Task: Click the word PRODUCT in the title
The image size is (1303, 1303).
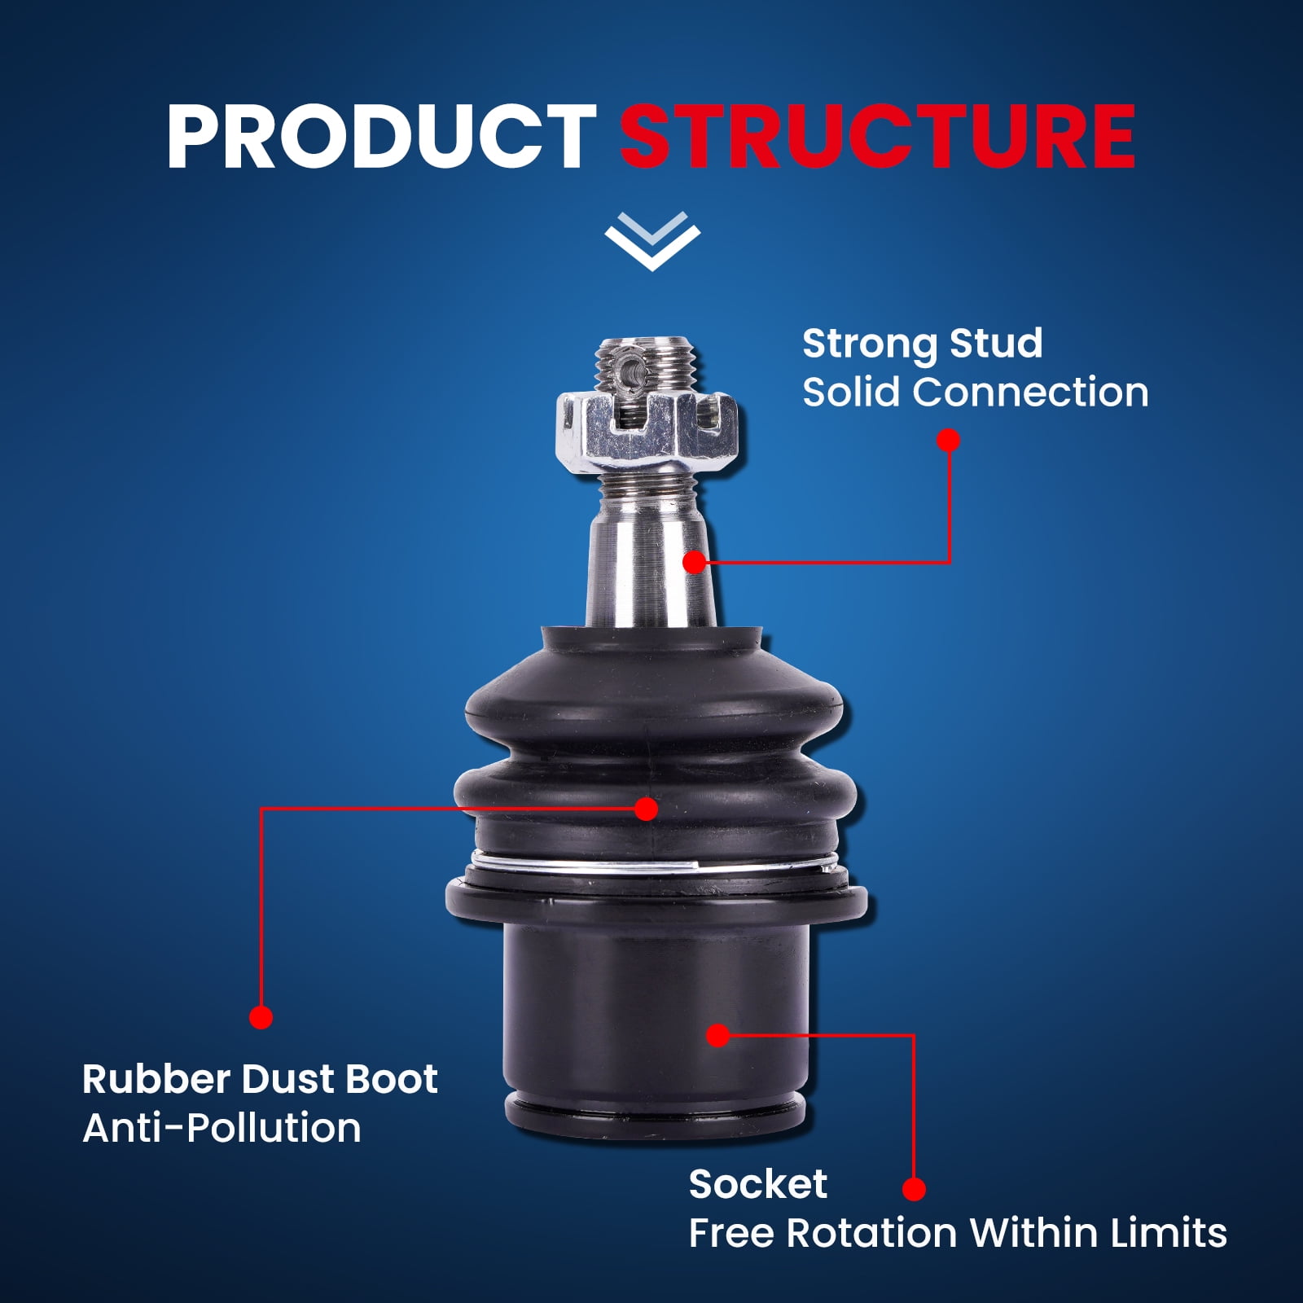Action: [x=381, y=136]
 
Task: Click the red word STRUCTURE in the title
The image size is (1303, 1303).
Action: [x=877, y=136]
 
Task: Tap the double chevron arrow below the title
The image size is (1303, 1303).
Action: [x=652, y=241]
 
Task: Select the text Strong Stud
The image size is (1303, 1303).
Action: [x=922, y=344]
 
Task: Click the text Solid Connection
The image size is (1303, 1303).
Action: [x=975, y=393]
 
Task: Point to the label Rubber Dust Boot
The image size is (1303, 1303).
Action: [x=260, y=1079]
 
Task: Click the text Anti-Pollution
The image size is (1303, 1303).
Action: [x=222, y=1128]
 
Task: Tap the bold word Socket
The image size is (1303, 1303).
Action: [x=757, y=1184]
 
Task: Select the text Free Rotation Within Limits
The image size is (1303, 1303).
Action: [x=958, y=1233]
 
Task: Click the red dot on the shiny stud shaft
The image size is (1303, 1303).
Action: [x=694, y=562]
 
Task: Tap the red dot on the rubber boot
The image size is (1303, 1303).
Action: [x=646, y=809]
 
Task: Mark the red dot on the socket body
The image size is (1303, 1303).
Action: [x=717, y=1035]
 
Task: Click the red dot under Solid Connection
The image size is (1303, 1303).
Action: [x=949, y=441]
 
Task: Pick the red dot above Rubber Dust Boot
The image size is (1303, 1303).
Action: [x=261, y=1017]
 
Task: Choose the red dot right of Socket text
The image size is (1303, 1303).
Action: [x=914, y=1189]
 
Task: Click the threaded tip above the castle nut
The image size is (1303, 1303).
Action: [x=647, y=362]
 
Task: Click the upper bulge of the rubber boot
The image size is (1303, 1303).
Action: [x=654, y=704]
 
